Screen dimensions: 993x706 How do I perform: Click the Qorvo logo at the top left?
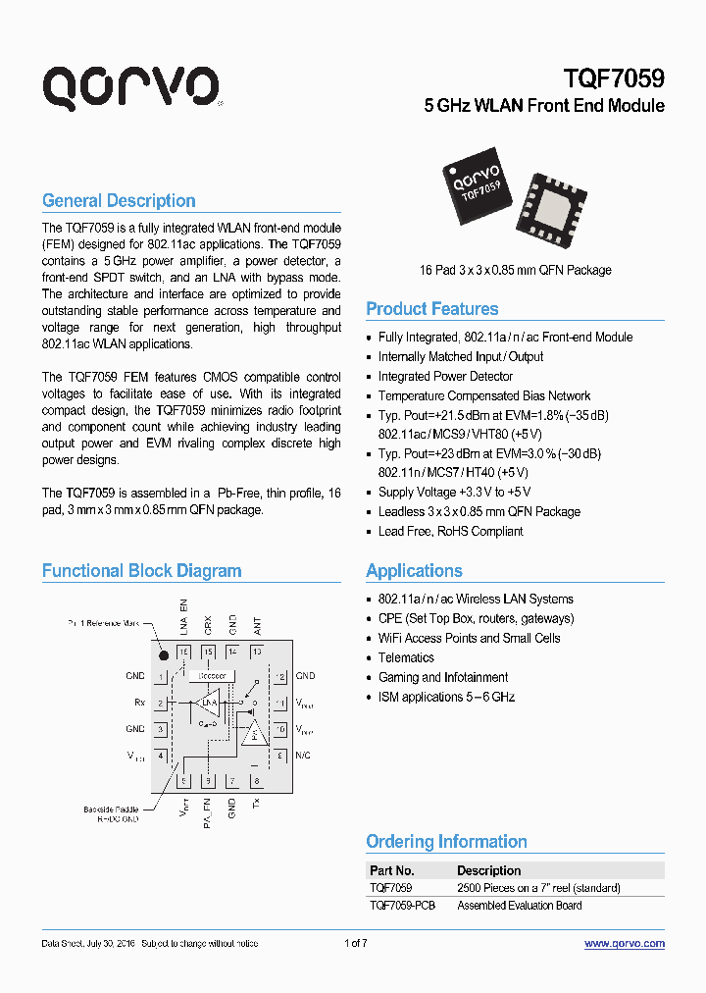(x=130, y=87)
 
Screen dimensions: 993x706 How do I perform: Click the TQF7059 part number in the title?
(x=614, y=78)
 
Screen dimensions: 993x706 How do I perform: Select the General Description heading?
(x=119, y=201)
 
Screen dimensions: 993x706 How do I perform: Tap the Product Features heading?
(x=431, y=309)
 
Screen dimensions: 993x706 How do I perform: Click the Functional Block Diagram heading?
(x=141, y=571)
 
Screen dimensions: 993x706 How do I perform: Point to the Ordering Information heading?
(x=446, y=842)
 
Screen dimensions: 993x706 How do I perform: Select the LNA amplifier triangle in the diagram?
(x=208, y=703)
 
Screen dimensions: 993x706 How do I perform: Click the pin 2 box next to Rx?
(x=161, y=703)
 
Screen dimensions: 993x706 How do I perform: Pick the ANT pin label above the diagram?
(x=257, y=623)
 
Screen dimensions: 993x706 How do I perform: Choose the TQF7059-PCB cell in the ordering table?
(x=402, y=906)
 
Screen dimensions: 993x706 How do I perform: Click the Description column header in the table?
(x=488, y=870)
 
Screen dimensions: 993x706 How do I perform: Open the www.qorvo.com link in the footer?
(x=624, y=944)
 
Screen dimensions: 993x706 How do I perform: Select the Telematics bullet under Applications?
(x=406, y=658)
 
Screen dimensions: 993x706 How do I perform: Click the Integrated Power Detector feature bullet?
(x=445, y=377)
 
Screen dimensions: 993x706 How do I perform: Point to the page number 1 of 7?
(x=356, y=944)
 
